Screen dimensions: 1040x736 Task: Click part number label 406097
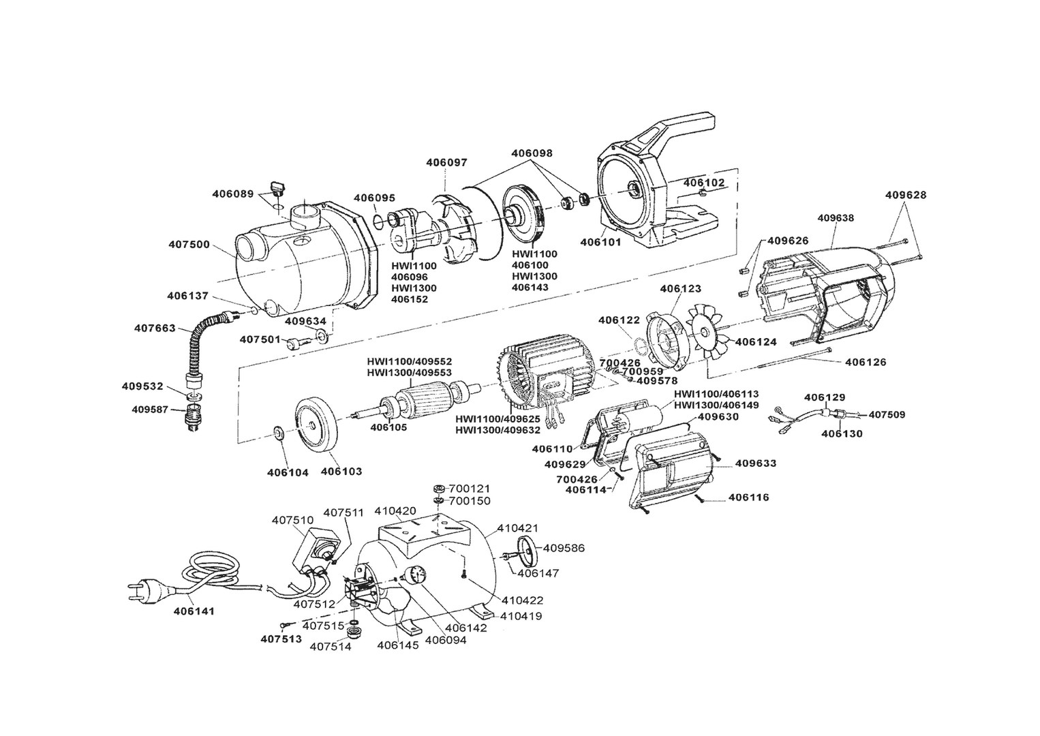coord(446,162)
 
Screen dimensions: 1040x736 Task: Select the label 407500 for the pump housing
coord(189,244)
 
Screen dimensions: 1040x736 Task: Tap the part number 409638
coord(836,218)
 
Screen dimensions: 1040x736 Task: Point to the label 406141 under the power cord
coord(194,611)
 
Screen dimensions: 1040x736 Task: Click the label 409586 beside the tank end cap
coord(564,548)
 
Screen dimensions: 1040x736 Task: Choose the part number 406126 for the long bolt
coord(866,362)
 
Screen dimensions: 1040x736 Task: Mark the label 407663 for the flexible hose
coord(155,328)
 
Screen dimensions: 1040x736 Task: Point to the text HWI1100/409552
coord(410,361)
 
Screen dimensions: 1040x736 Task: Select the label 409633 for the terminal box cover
coord(756,463)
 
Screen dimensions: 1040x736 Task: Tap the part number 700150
coord(470,501)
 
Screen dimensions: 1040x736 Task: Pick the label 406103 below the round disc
coord(341,472)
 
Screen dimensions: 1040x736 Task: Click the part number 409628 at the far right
coord(906,195)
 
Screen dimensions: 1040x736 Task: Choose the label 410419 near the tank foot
coord(521,616)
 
